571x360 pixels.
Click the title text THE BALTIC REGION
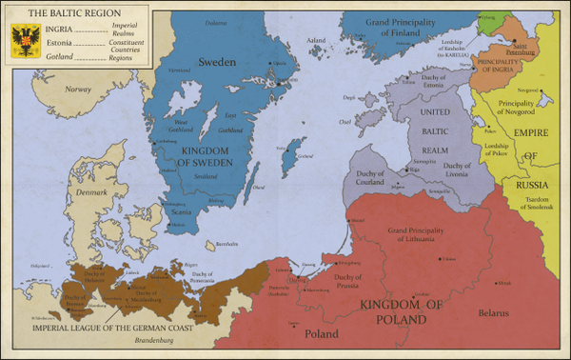pyautogui.click(x=62, y=15)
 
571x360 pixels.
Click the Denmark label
pyautogui.click(x=91, y=191)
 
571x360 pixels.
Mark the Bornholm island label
pyautogui.click(x=251, y=244)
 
